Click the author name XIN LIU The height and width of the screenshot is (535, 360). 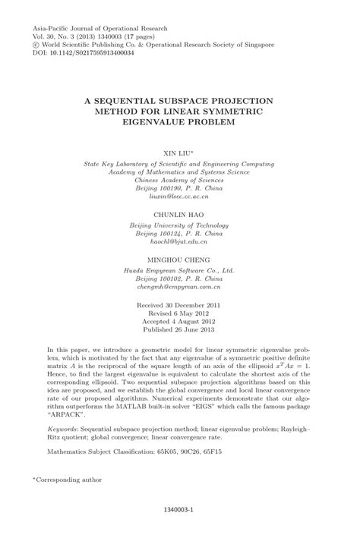[179, 152]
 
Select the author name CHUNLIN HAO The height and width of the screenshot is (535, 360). [180, 214]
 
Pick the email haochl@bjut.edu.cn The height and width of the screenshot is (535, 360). [180, 242]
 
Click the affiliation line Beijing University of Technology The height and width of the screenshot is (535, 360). [180, 225]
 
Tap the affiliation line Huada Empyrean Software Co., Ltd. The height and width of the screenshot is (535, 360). [179, 270]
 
